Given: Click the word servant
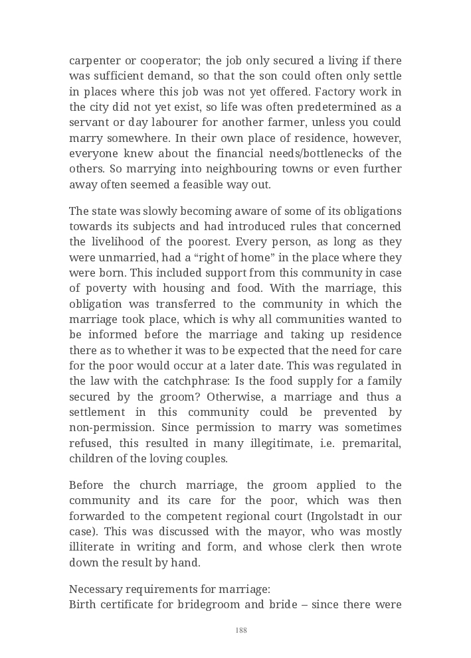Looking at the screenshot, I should (x=88, y=123).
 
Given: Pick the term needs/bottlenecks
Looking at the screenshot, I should (x=330, y=154).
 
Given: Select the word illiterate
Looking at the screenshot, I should (x=96, y=547).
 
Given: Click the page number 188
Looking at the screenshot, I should (x=241, y=630).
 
